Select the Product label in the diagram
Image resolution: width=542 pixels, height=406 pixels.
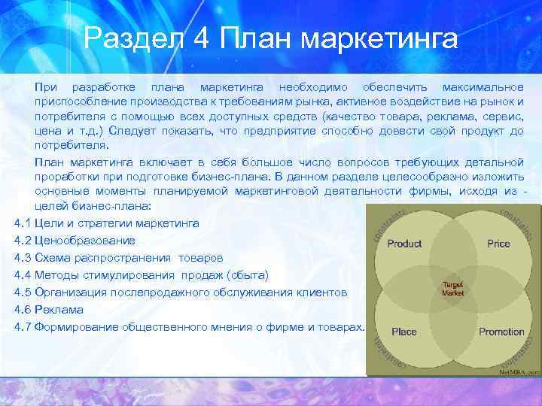click(404, 244)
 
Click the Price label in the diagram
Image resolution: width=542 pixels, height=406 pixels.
click(498, 244)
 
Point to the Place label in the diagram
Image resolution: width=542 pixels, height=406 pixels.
click(404, 332)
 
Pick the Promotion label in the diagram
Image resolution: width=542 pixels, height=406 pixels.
click(501, 332)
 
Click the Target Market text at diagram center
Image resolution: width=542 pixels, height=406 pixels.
click(453, 289)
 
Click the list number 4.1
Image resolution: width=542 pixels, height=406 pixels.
click(22, 223)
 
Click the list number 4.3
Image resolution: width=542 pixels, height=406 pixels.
click(22, 258)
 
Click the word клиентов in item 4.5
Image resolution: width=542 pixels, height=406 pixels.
click(324, 292)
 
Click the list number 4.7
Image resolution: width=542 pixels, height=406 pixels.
click(22, 327)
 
